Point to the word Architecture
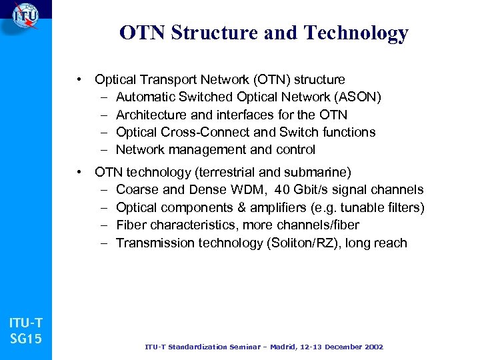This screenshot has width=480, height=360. pyautogui.click(x=151, y=115)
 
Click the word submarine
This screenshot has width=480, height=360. pyautogui.click(x=319, y=173)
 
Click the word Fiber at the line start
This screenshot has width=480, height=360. pyautogui.click(x=131, y=225)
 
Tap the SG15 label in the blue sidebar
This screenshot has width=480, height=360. pyautogui.click(x=25, y=339)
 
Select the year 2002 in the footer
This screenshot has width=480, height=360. pyautogui.click(x=370, y=347)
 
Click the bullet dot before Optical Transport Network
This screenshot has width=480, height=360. pyautogui.click(x=79, y=80)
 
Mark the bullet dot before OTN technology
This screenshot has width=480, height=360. pyautogui.click(x=79, y=173)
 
